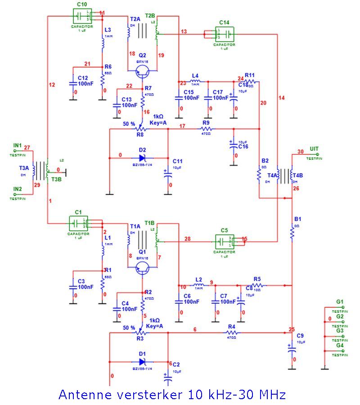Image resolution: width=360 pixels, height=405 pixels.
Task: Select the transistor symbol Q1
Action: click(143, 268)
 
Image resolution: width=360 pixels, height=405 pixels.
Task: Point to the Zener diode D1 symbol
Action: click(142, 361)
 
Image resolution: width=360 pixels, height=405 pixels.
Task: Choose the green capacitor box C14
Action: click(224, 34)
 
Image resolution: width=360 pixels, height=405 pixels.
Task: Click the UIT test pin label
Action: click(314, 149)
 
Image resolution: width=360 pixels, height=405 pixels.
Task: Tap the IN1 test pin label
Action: click(18, 145)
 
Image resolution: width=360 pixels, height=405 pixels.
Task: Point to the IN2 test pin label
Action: click(18, 189)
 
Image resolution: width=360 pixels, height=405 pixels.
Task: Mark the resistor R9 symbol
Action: click(206, 129)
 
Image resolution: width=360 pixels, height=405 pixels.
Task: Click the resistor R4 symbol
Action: click(232, 333)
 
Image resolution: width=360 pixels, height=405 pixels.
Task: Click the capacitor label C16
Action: click(243, 147)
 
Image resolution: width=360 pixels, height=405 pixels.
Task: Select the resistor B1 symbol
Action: click(292, 233)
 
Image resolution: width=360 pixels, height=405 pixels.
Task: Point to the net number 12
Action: click(52, 85)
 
